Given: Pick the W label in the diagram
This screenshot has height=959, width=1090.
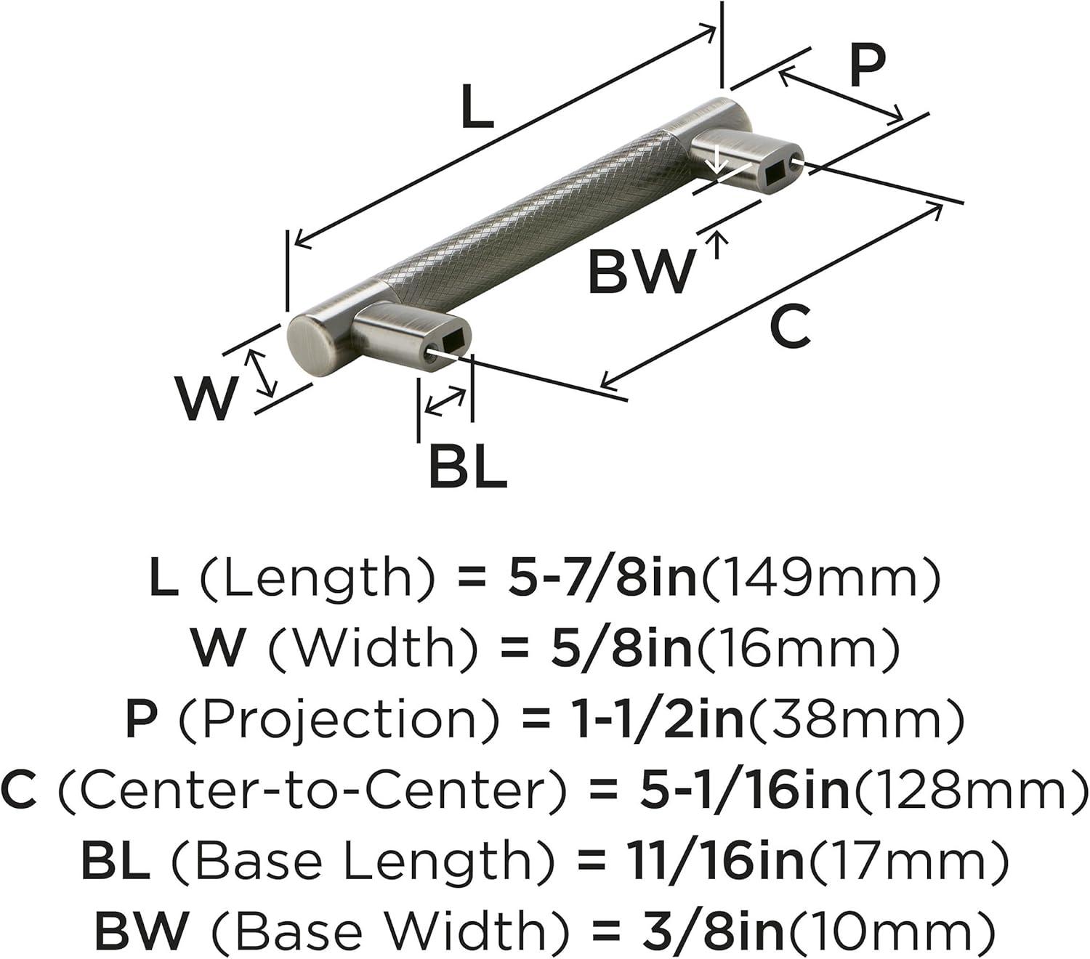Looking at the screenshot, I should [208, 400].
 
